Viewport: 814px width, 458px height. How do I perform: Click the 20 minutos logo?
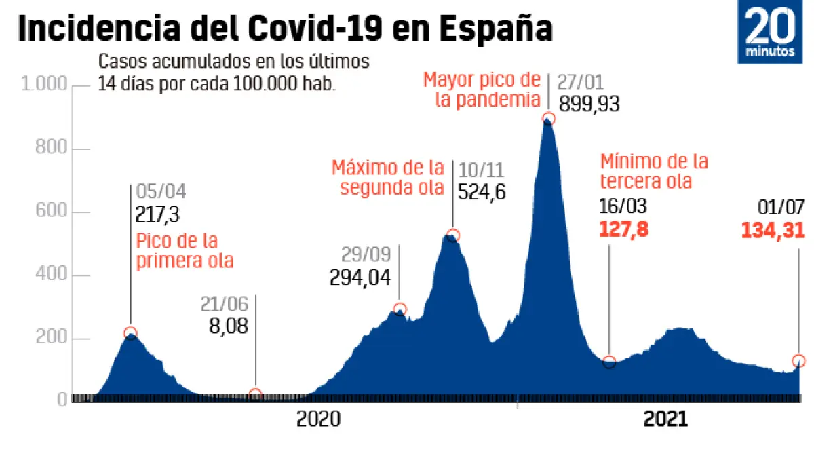coord(774,35)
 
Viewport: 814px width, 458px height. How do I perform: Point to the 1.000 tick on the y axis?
coord(45,85)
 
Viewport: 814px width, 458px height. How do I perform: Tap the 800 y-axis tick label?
coord(52,149)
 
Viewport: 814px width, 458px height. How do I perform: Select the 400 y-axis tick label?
coord(52,275)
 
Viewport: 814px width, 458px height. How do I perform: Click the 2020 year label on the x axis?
coord(318,420)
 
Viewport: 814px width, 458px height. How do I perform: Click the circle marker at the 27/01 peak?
coord(549,119)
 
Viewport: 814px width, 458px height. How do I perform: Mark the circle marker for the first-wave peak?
coord(130,332)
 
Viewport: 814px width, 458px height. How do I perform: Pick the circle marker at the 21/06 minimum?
coord(256,394)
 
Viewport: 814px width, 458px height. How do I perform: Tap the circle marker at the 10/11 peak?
coord(453,235)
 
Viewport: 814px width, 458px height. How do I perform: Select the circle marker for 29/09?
coord(400,309)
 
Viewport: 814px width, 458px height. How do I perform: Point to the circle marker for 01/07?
coord(798,360)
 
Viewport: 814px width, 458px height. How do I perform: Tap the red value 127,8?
coord(623,229)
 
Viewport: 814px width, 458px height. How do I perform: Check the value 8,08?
coord(229,325)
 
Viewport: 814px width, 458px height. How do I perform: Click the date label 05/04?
coord(161,192)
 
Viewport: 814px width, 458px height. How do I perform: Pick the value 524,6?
coord(482,193)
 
